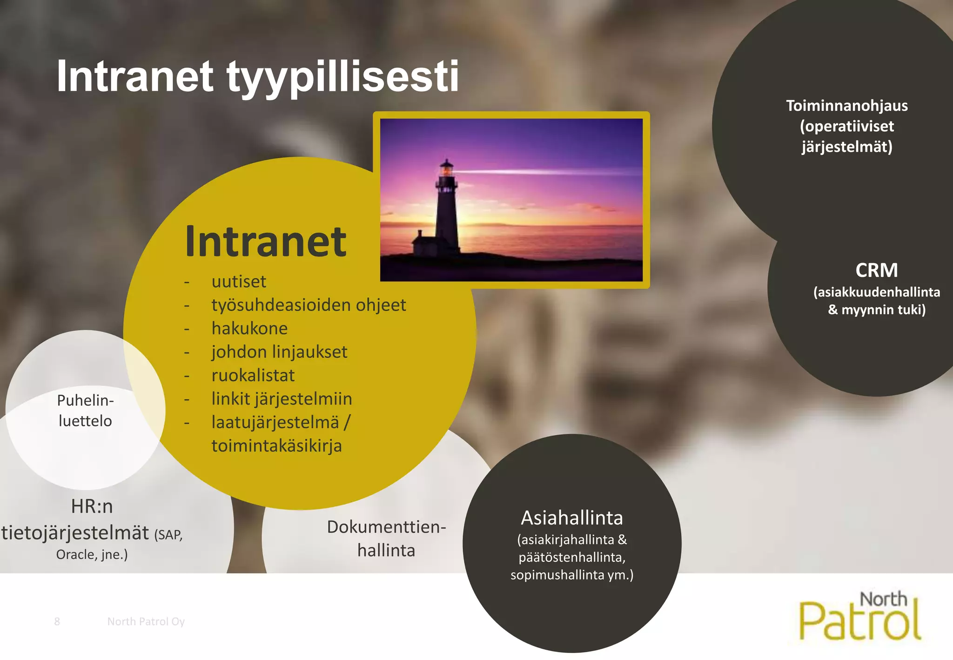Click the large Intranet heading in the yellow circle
[x=266, y=242]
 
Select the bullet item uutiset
[x=239, y=282]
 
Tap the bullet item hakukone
[x=249, y=329]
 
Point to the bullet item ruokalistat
[x=253, y=376]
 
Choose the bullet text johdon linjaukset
[x=279, y=352]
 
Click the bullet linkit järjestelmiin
[x=282, y=399]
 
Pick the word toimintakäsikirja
[x=276, y=446]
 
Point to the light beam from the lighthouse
[x=535, y=172]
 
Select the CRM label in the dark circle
[x=876, y=270]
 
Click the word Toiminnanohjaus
[x=847, y=106]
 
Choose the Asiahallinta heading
[x=572, y=518]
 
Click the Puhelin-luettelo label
[x=85, y=411]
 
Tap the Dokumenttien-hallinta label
[x=386, y=539]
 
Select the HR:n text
[x=92, y=506]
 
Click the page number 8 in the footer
[x=57, y=621]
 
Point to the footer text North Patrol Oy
[x=146, y=621]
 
